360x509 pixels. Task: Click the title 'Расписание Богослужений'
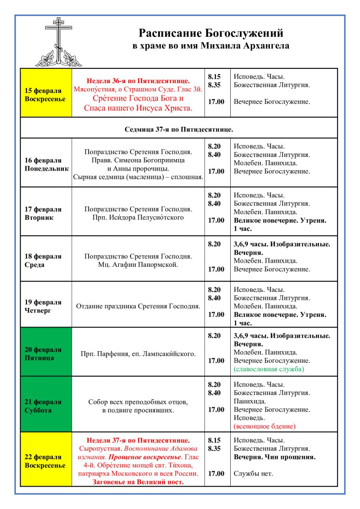[211, 33]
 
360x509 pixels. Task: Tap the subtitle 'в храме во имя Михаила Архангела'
[211, 46]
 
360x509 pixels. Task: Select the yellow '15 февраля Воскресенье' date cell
[45, 95]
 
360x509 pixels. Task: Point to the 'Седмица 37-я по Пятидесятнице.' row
[179, 129]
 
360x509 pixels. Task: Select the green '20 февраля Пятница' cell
[46, 353]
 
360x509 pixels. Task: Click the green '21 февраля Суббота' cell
[46, 406]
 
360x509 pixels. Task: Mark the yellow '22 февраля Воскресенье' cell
[45, 461]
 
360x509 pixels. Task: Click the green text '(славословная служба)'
[269, 369]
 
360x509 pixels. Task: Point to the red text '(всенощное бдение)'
[265, 426]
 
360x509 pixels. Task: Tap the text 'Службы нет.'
[253, 473]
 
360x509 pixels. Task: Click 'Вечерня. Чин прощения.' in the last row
[274, 457]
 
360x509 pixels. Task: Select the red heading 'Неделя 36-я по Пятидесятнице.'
[138, 81]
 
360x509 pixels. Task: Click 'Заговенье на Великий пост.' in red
[138, 482]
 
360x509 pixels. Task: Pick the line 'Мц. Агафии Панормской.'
[138, 265]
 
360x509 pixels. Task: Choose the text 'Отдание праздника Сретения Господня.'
[138, 306]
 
